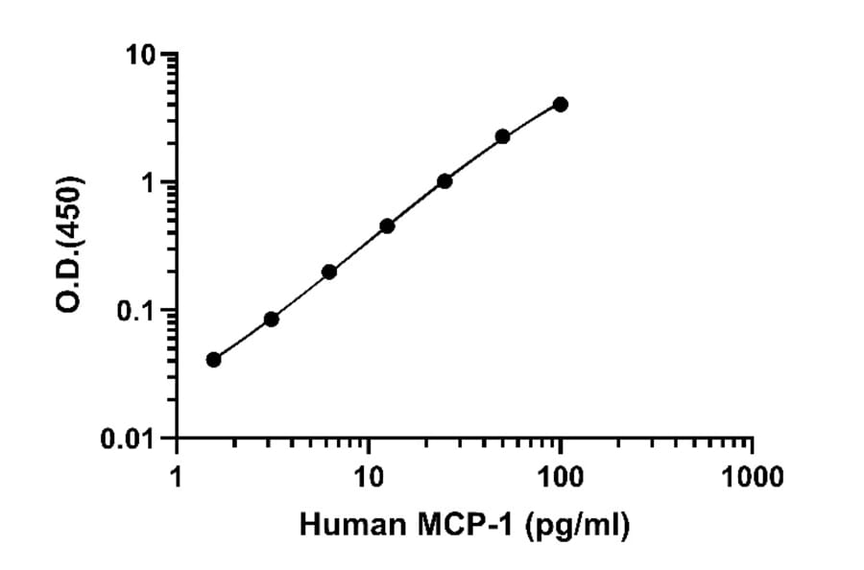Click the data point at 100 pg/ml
(561, 104)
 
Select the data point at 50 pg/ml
(503, 136)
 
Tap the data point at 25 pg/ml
(444, 180)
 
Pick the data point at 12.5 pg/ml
(387, 226)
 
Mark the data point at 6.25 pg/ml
(329, 272)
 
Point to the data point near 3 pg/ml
(272, 319)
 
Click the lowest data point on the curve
(213, 360)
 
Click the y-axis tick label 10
(141, 55)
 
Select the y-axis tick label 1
(150, 182)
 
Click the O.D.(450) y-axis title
(72, 244)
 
